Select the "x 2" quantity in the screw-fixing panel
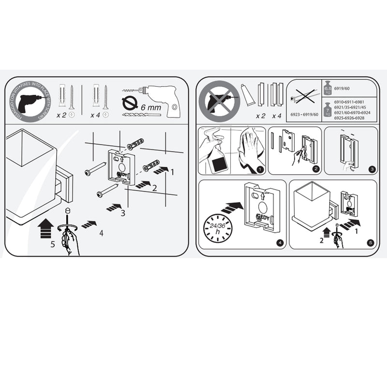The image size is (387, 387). (61, 115)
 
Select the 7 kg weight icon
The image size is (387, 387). (327, 111)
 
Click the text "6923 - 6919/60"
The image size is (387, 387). (304, 114)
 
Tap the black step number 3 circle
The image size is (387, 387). (372, 169)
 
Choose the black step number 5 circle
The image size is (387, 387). (371, 243)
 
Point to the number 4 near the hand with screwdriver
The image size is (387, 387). (101, 233)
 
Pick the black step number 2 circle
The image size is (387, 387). (316, 169)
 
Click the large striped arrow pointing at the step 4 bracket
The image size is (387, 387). (232, 208)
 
